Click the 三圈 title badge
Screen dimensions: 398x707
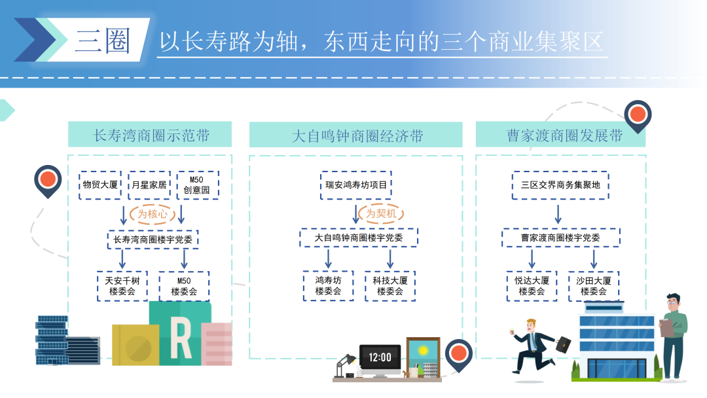click(x=103, y=41)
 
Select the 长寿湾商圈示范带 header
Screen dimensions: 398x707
click(x=150, y=135)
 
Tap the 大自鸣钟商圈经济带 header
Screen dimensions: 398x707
click(x=355, y=135)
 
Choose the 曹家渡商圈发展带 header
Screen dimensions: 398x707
click(x=560, y=135)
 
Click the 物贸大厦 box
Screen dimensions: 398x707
click(x=100, y=185)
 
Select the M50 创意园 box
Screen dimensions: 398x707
click(x=197, y=185)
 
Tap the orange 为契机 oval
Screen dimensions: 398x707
click(x=380, y=213)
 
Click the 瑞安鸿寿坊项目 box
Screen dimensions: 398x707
click(x=357, y=185)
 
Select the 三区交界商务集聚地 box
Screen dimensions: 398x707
click(x=560, y=185)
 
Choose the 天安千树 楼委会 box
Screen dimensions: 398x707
click(x=122, y=286)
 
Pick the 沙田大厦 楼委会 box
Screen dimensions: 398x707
click(x=593, y=286)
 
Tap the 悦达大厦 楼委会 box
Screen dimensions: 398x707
click(x=532, y=286)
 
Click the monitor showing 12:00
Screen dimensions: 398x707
click(x=380, y=358)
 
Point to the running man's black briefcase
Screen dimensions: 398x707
click(x=564, y=343)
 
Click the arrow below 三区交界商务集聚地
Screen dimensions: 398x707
click(x=558, y=213)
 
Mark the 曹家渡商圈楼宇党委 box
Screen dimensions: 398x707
click(x=560, y=238)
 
